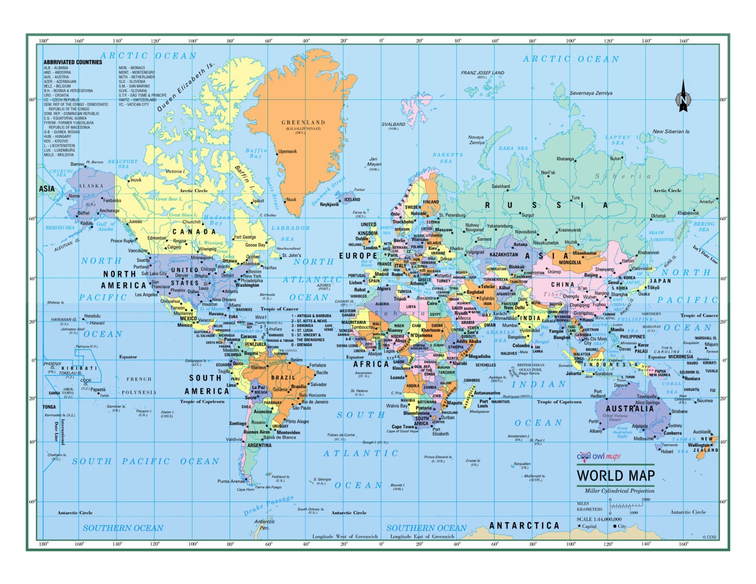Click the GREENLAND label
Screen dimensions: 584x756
pos(303,122)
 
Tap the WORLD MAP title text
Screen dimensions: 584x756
pos(615,476)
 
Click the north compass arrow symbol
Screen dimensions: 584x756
pos(683,96)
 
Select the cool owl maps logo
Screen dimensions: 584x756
pos(599,457)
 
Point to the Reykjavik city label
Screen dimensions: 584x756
pos(330,205)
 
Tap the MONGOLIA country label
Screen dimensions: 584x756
pos(570,263)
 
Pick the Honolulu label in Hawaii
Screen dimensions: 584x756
pos(92,316)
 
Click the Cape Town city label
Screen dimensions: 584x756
pos(403,427)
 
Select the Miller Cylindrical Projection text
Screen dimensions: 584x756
pos(619,491)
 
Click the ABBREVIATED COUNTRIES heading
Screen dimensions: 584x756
pos(73,62)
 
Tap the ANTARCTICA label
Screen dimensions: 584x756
pos(524,526)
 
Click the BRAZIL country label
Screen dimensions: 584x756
pos(283,377)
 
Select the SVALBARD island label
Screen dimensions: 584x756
pos(393,124)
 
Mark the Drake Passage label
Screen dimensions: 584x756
pos(269,505)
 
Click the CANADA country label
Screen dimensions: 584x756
pos(194,232)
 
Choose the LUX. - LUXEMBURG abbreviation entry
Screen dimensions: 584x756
pos(59,150)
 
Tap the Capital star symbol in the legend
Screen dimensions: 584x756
pos(579,526)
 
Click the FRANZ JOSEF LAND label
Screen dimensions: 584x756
pos(482,73)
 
